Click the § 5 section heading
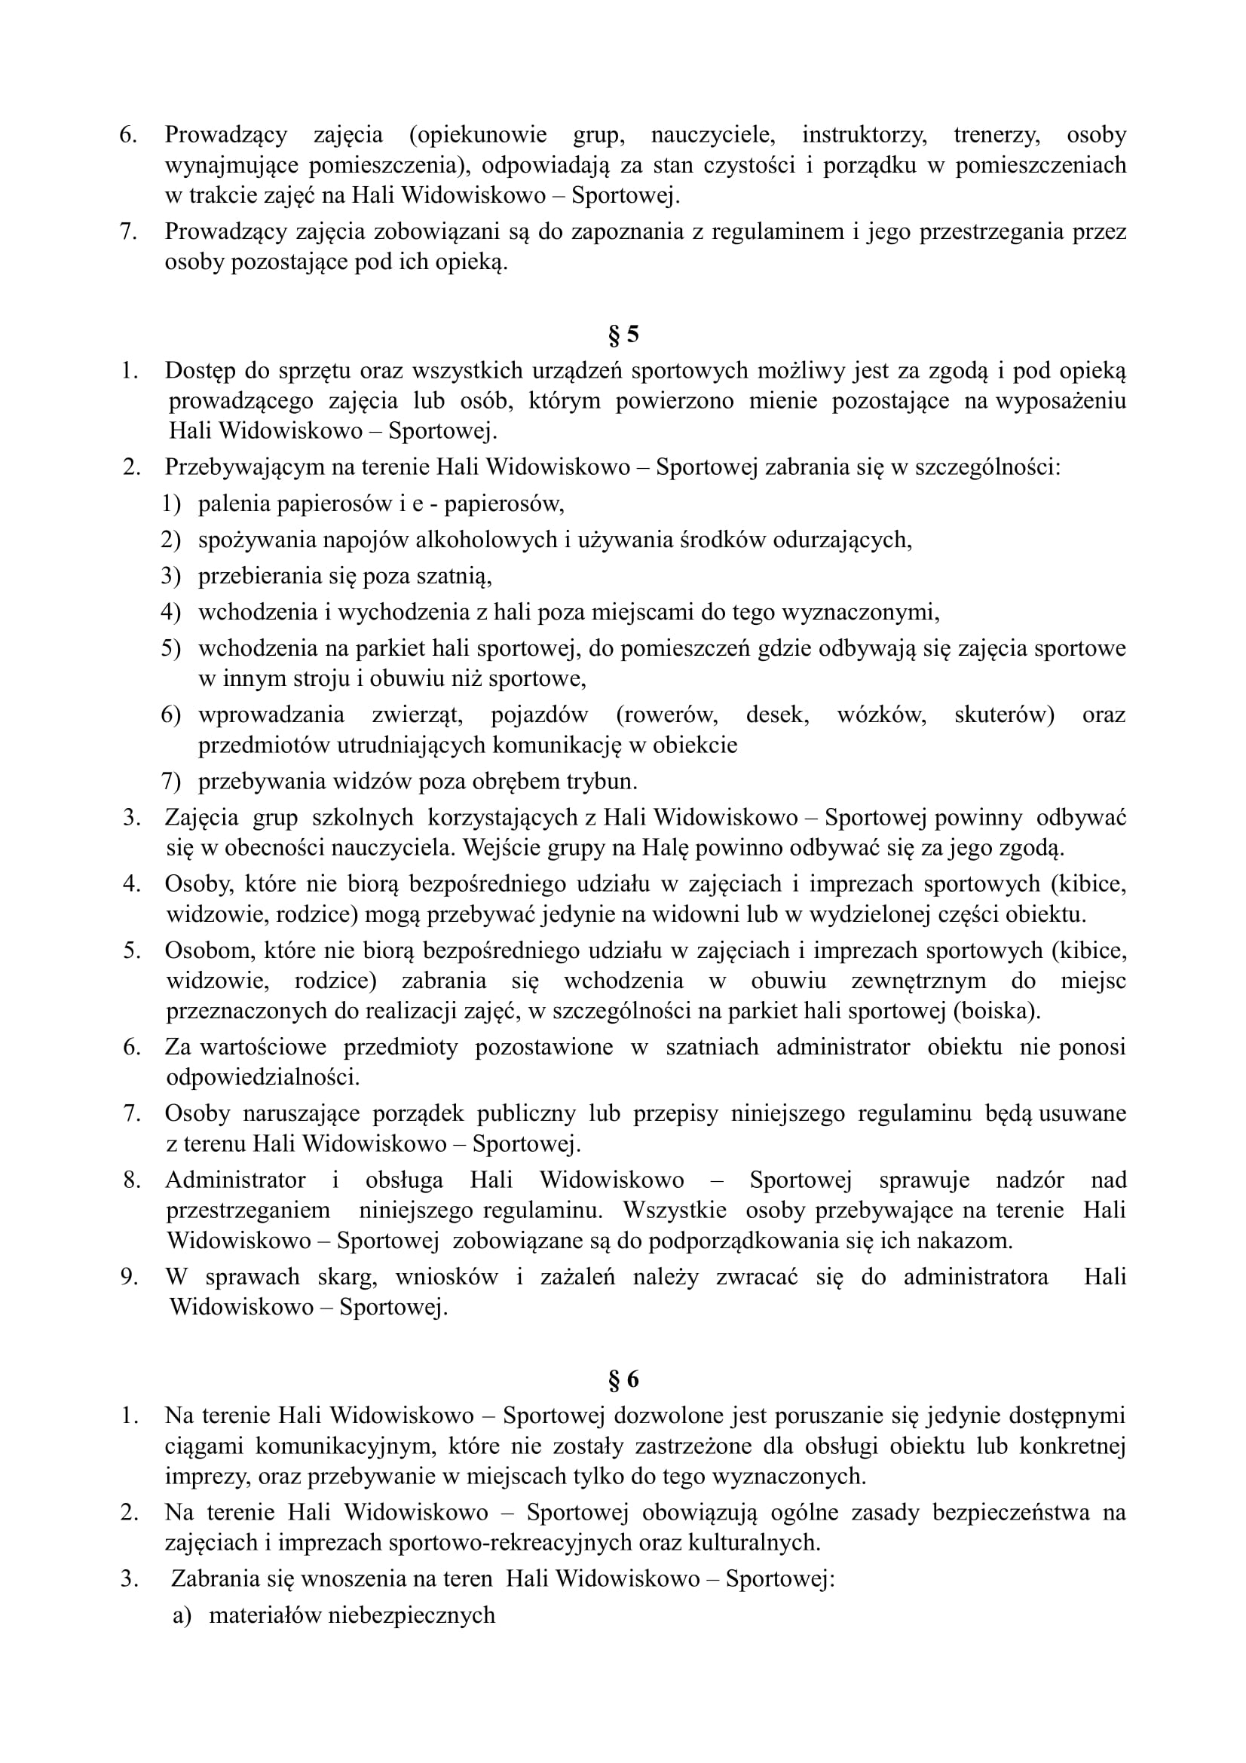pos(623,335)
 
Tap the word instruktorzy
pos(864,135)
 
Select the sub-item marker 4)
pos(170,613)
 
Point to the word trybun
pos(601,782)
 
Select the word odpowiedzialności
pos(263,1077)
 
